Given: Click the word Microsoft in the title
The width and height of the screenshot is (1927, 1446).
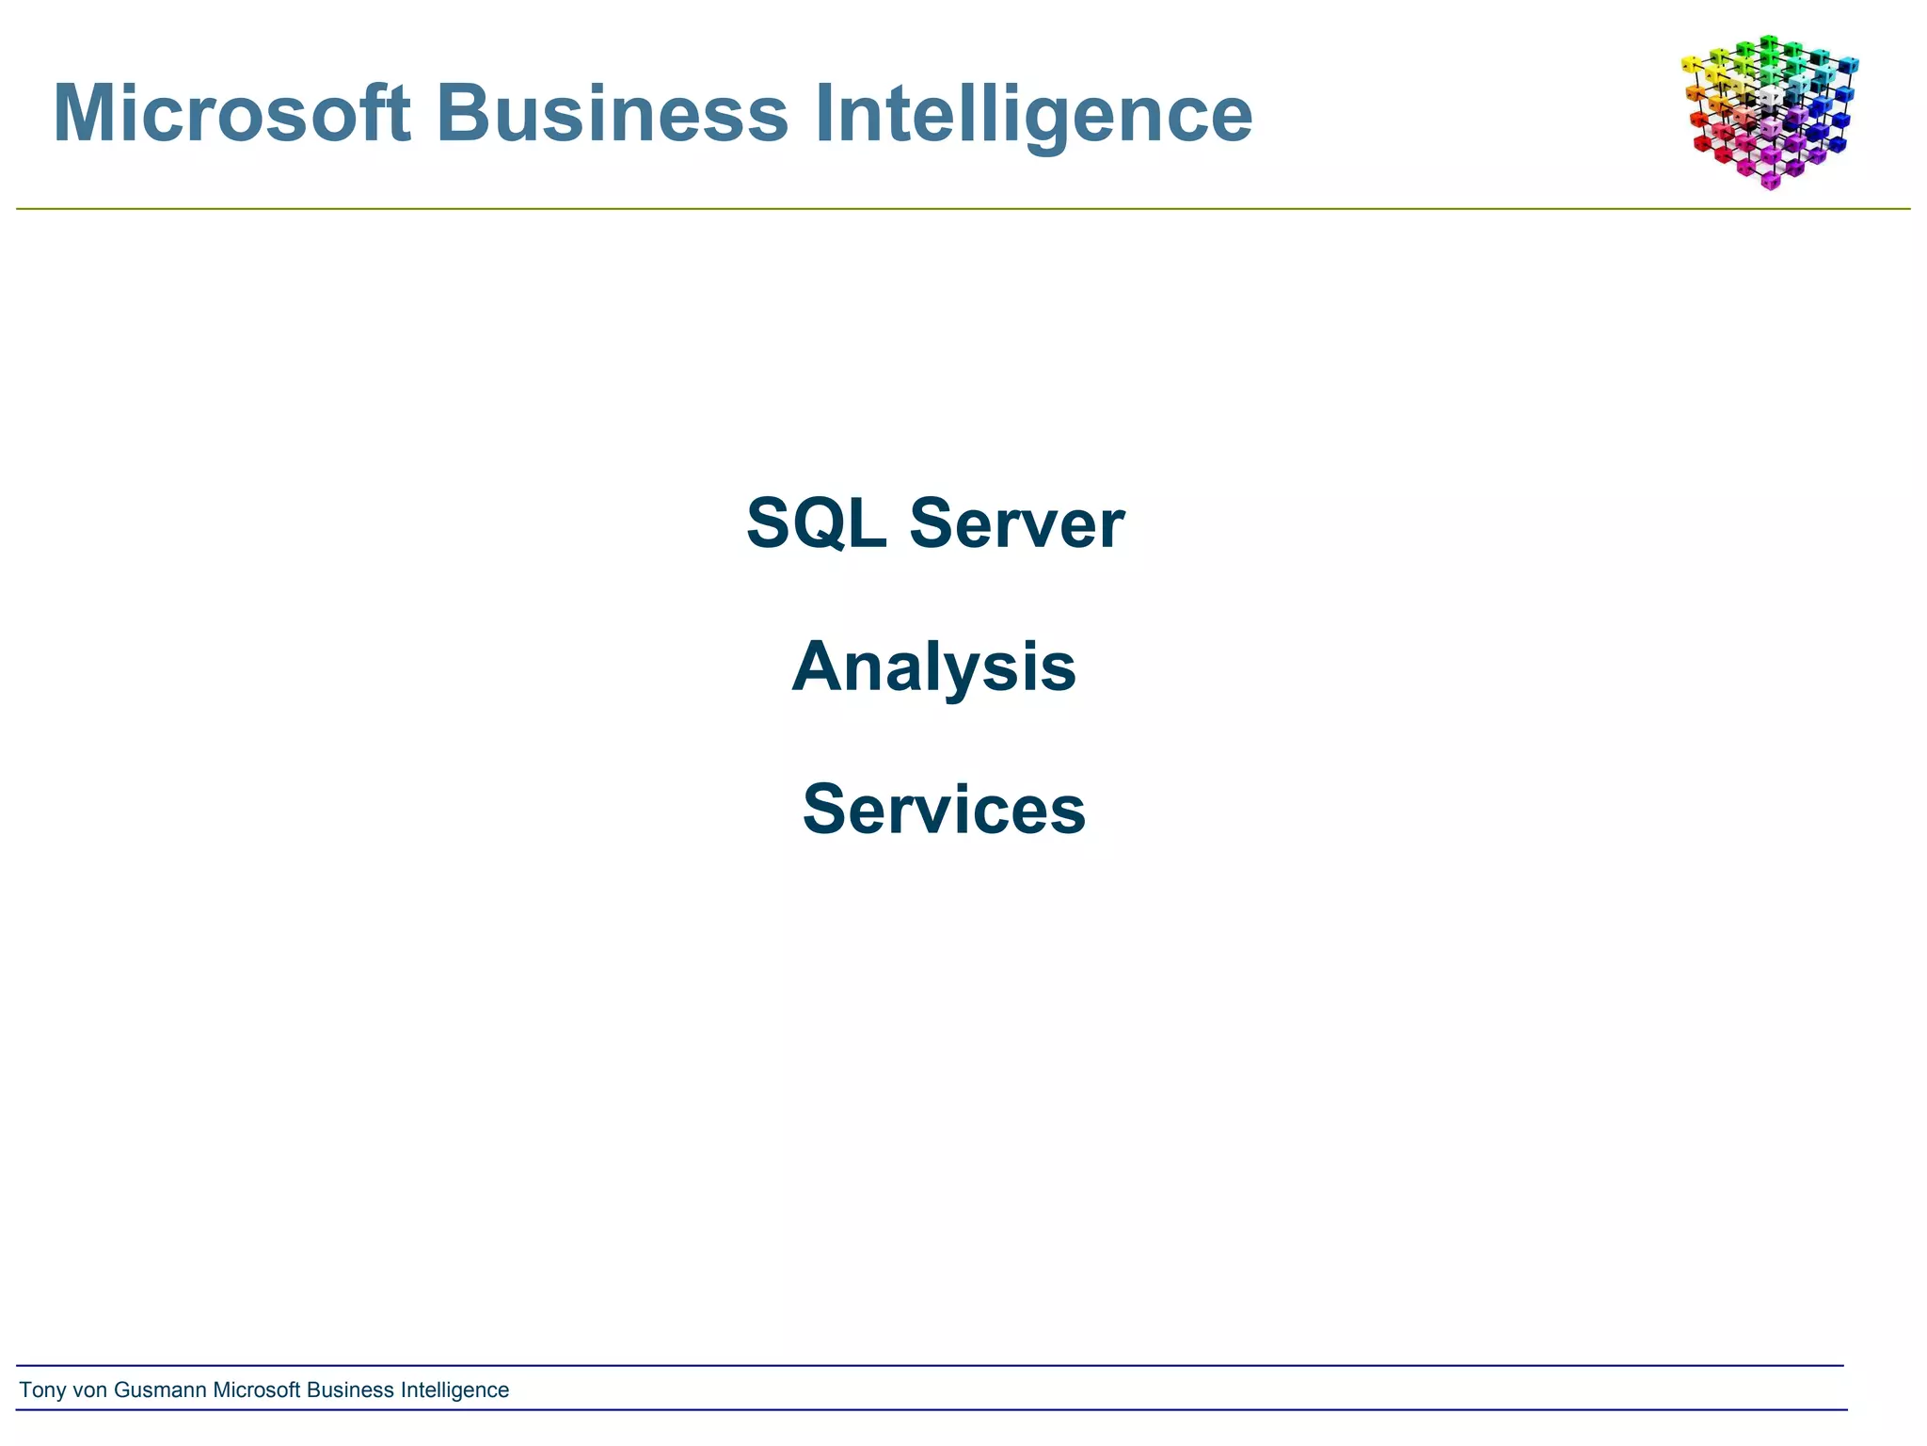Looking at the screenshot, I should pos(231,114).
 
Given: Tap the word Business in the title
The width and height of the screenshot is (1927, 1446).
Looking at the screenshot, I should pos(612,114).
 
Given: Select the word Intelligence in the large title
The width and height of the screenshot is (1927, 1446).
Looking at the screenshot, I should pos(1032,114).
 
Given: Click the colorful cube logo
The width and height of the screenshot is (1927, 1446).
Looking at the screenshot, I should pos(1769,111).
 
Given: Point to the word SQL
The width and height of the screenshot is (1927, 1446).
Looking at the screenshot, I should pos(816,523).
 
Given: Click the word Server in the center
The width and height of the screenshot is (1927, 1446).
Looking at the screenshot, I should pos(1016,523).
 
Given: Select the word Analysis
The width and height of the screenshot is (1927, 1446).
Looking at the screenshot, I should pos(933,667).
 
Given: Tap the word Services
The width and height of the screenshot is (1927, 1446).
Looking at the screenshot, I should pos(944,810).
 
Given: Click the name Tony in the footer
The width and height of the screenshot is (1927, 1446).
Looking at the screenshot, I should pos(42,1390).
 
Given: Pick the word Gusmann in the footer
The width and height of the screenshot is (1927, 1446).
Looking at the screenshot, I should pos(160,1390).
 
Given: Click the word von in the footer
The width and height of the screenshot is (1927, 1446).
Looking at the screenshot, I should pos(90,1390).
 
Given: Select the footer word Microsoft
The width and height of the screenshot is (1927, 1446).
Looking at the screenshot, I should pos(257,1390).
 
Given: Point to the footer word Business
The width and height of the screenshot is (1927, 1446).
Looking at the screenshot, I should pos(350,1390).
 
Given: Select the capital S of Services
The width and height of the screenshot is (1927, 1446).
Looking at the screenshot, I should pos(825,810).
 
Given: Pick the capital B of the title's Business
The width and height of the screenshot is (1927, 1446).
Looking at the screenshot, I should pos(461,114).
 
